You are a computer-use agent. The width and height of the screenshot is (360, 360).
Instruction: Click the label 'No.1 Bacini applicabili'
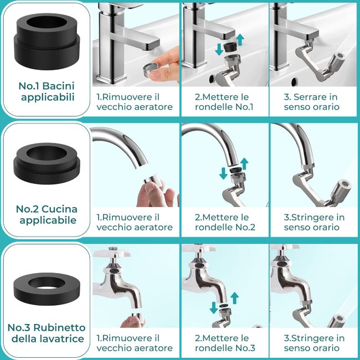(x=47, y=92)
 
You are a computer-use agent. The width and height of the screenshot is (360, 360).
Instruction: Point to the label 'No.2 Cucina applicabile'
(x=47, y=215)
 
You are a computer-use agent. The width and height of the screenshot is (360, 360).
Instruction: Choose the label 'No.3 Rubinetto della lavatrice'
(x=47, y=333)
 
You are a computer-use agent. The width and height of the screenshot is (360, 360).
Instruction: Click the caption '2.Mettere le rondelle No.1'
(x=225, y=102)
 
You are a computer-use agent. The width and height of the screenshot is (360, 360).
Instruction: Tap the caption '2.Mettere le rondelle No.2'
(x=225, y=222)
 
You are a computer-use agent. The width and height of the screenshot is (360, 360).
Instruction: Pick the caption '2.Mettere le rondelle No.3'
(x=225, y=343)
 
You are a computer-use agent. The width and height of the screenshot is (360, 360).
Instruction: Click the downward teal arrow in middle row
(x=223, y=173)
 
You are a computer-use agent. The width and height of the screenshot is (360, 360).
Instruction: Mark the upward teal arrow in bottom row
(x=234, y=299)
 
